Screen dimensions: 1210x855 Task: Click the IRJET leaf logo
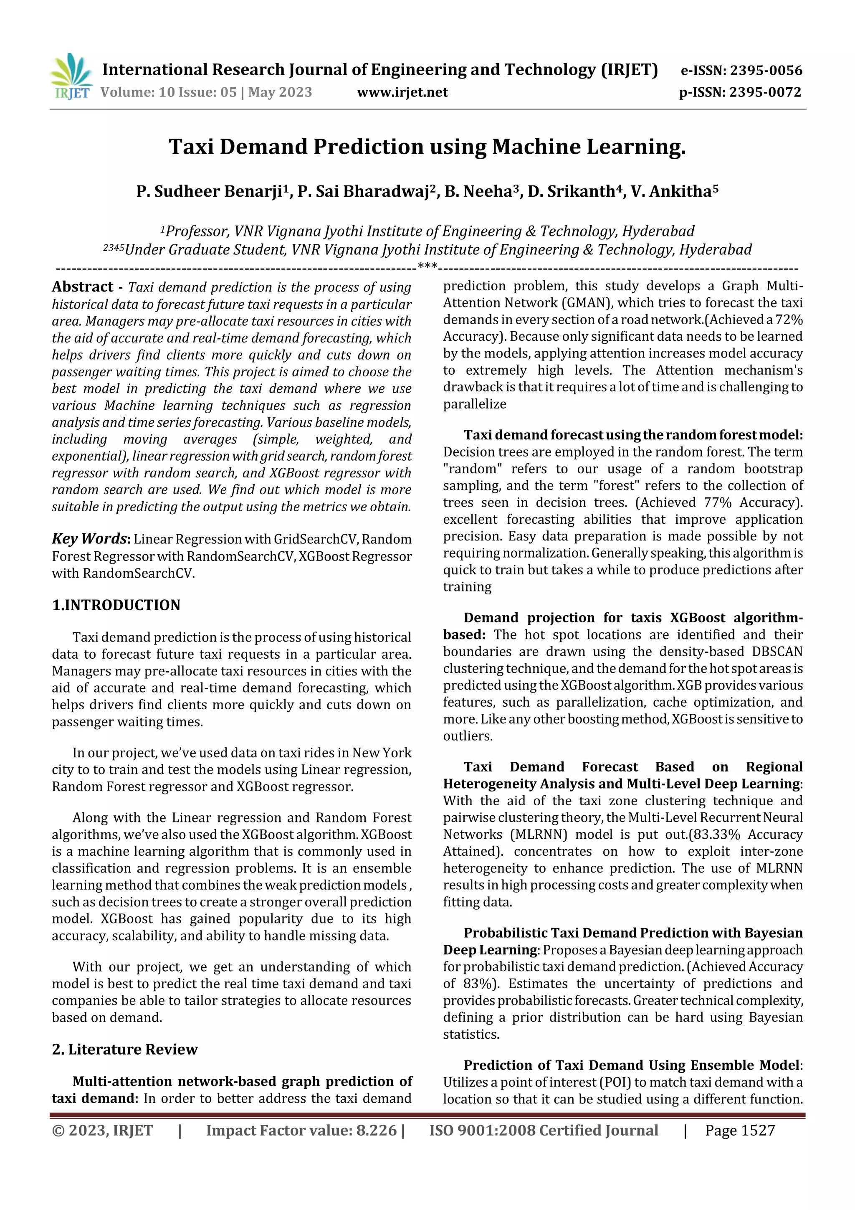tap(71, 76)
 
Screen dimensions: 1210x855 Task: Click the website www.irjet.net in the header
tap(402, 92)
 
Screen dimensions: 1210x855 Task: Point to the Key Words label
tap(90, 539)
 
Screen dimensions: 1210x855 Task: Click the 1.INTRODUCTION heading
tap(116, 605)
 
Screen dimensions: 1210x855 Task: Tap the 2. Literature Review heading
tap(124, 1049)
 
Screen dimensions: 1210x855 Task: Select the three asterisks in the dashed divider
tap(427, 266)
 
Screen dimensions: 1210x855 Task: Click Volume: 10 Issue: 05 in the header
tap(169, 92)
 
